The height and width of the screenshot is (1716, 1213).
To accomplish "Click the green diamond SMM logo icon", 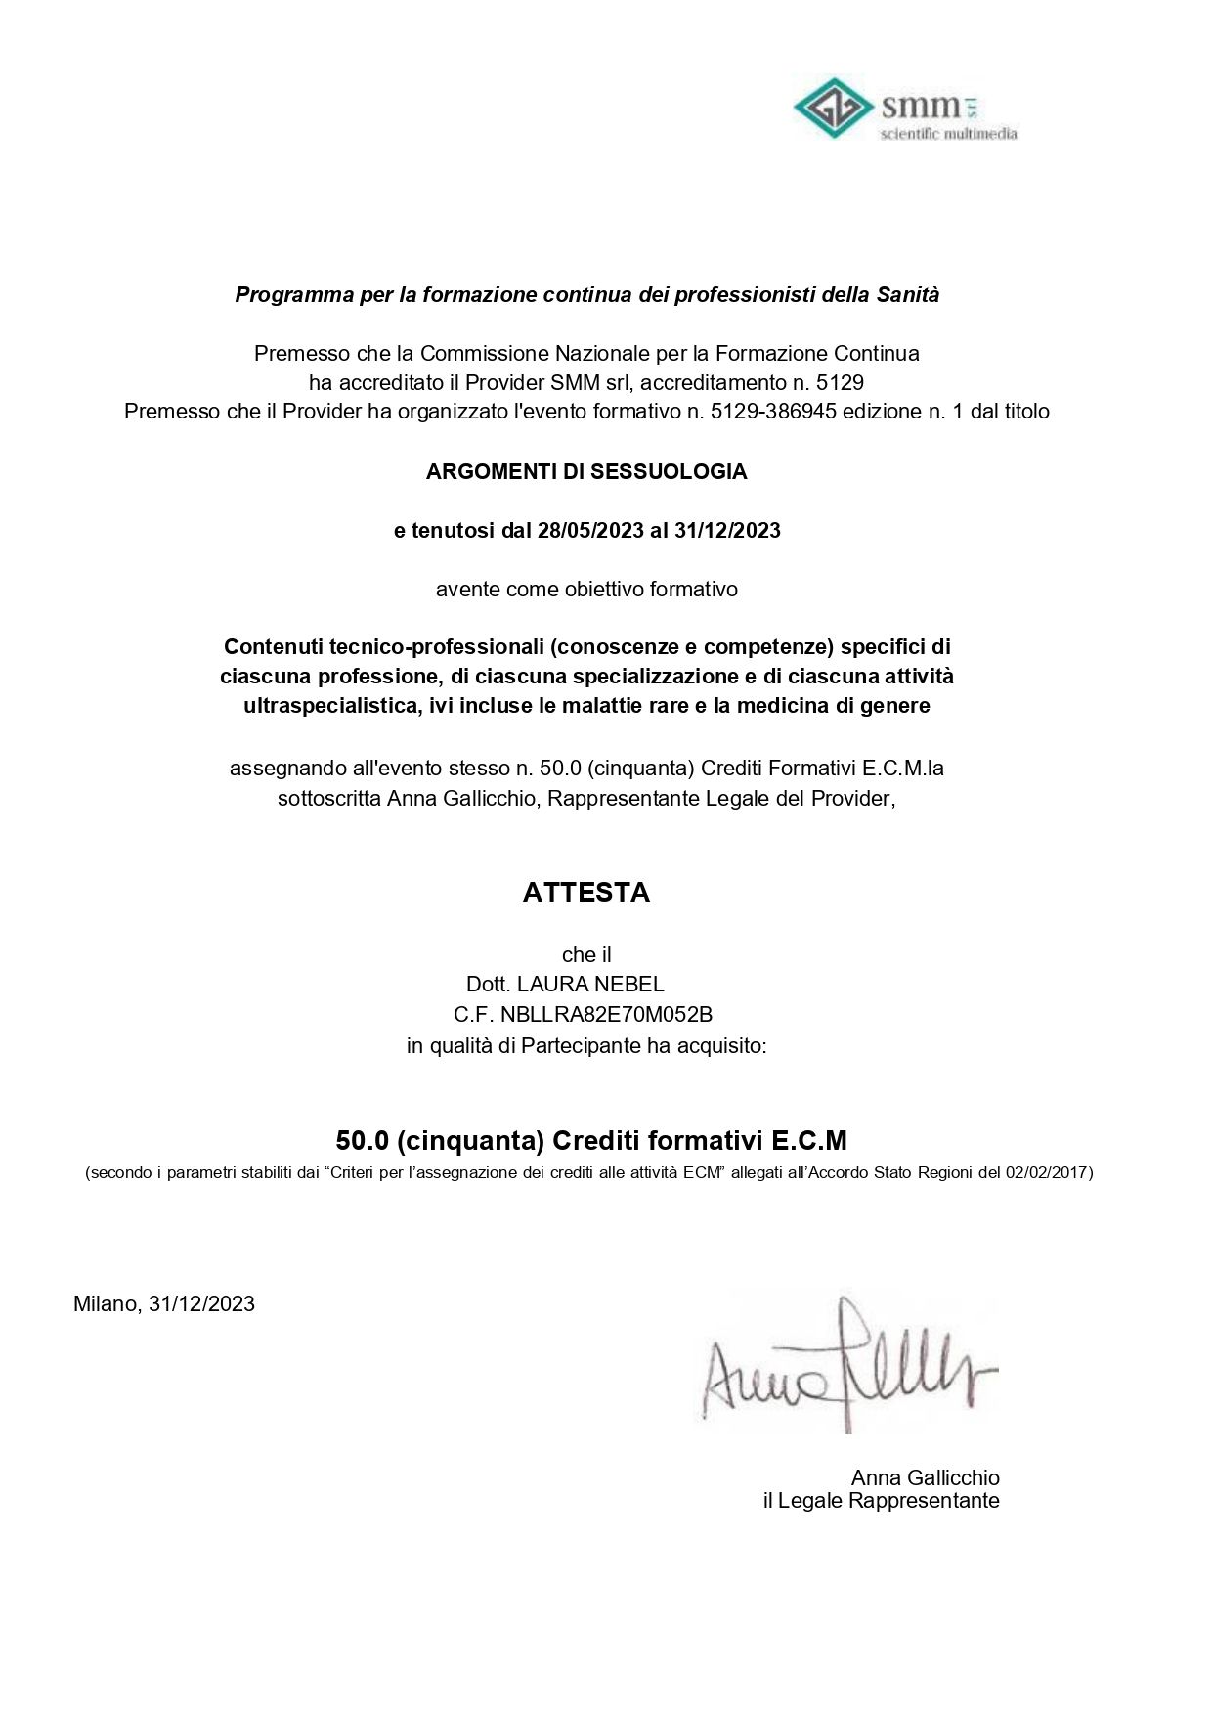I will click(833, 108).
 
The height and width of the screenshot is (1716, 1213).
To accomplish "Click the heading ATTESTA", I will click(586, 892).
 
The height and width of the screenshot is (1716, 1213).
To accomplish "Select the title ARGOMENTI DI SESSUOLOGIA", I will click(586, 472).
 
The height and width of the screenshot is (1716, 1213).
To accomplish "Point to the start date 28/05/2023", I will click(590, 531).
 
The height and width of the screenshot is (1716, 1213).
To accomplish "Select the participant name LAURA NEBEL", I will click(590, 985).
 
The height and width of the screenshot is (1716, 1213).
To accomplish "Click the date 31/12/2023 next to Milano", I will click(201, 1304).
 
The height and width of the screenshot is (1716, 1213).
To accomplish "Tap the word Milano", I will click(107, 1304).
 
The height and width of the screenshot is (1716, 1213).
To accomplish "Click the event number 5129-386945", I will click(773, 412).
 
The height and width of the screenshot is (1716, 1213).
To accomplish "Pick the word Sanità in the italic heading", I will click(907, 295).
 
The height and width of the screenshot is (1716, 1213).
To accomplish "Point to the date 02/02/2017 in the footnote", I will click(1048, 1172).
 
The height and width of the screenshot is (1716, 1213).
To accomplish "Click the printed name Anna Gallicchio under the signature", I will click(925, 1477).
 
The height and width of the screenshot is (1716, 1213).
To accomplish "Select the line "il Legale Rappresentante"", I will click(881, 1501).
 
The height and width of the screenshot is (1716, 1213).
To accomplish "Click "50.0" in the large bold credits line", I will click(363, 1141).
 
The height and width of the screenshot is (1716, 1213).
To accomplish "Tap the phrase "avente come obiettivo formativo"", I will click(586, 590).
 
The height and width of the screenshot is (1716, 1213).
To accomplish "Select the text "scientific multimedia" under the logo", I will click(948, 134).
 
